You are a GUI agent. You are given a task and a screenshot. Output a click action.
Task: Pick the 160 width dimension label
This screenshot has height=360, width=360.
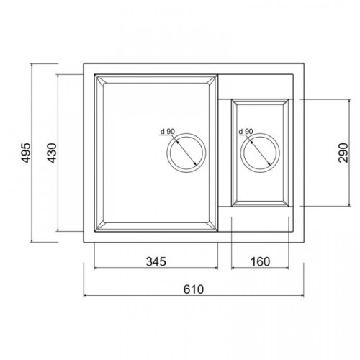[260, 261]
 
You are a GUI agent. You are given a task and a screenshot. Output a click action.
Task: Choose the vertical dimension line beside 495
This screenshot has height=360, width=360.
[35, 154]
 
